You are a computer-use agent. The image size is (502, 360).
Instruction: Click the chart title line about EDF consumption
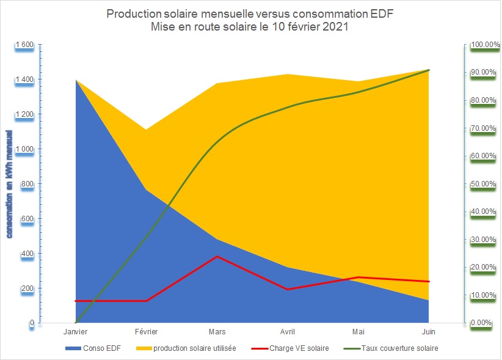tap(250, 14)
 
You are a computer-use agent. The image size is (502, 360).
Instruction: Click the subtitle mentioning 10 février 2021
tap(250, 28)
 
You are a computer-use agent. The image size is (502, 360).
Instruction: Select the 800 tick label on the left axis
tap(26, 184)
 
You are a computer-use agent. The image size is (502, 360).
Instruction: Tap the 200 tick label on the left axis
tap(26, 288)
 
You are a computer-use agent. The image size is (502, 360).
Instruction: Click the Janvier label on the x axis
tap(75, 332)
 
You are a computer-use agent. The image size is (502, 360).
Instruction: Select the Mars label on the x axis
tap(217, 332)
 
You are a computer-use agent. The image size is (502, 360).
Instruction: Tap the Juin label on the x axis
tap(429, 332)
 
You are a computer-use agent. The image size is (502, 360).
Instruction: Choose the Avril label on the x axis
tap(287, 332)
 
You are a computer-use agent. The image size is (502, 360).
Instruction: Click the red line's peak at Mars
tap(217, 256)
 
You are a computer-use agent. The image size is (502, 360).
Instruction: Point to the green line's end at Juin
tap(429, 70)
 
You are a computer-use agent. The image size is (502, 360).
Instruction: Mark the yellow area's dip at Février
tap(146, 130)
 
